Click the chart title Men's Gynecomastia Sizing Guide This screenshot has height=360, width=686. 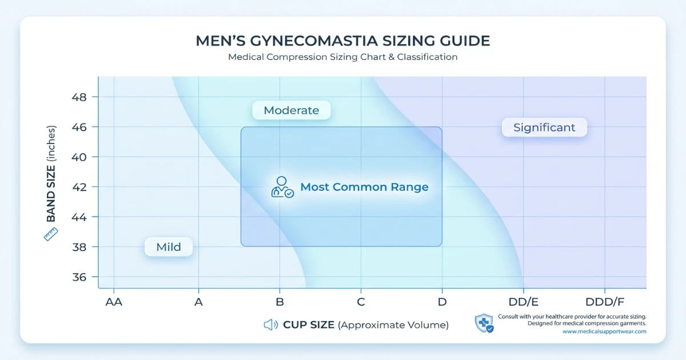tap(342, 41)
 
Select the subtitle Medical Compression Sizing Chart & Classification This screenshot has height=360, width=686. tap(342, 57)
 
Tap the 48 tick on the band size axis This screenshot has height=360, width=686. tap(79, 97)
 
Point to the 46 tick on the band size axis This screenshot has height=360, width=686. tap(79, 127)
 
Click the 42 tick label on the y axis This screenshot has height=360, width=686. tap(79, 187)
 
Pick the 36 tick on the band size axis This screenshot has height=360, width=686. tap(79, 277)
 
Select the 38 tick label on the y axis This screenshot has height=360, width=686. tap(79, 247)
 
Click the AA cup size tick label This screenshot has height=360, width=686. tap(114, 302)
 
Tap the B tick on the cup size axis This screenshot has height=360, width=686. tap(280, 302)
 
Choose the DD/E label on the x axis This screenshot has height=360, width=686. tap(524, 302)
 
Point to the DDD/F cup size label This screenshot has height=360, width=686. tap(605, 302)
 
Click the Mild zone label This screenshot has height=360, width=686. tap(169, 247)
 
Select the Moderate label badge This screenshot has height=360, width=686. tap(292, 110)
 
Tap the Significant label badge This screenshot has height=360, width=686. tap(544, 127)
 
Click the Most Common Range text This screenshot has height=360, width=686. tap(364, 187)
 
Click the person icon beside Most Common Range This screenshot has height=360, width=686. tap(282, 187)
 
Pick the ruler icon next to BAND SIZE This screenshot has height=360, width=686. tap(51, 234)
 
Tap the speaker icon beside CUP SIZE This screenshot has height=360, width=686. tap(271, 325)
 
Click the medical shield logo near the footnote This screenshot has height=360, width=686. tap(484, 323)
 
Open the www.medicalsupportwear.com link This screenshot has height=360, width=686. tap(604, 331)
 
